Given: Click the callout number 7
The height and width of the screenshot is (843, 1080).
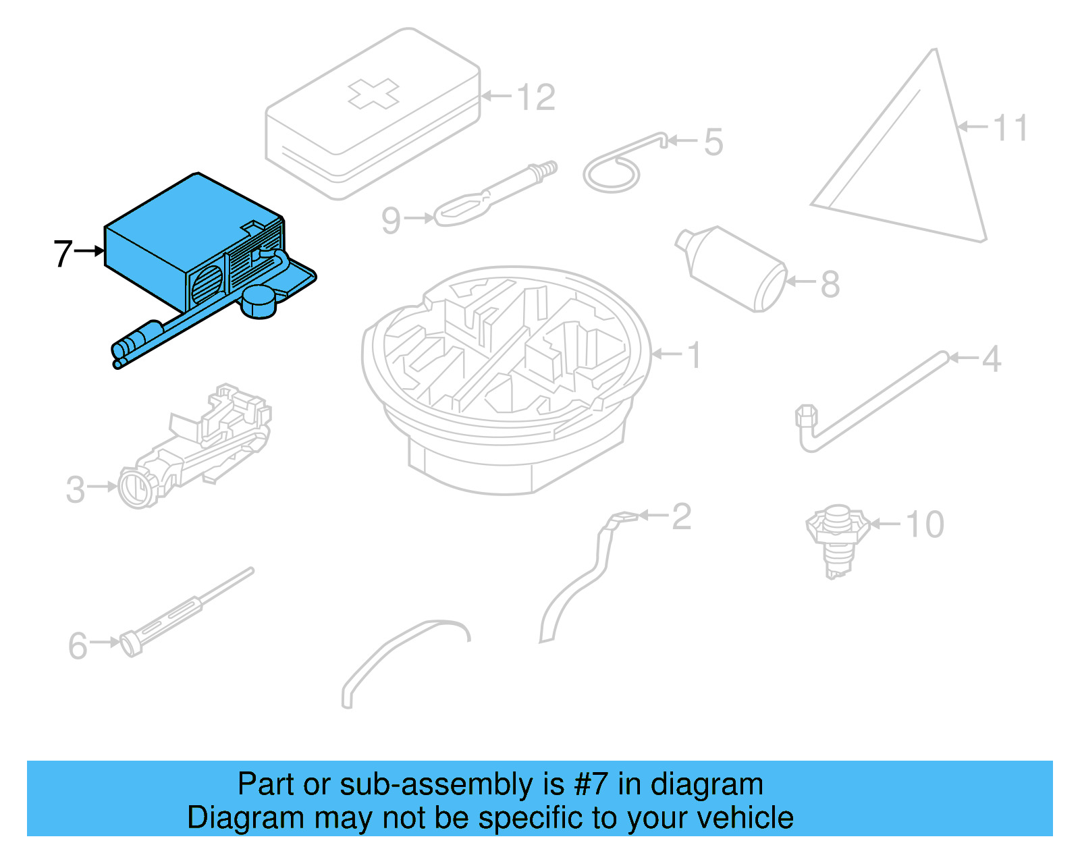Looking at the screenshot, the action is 62,253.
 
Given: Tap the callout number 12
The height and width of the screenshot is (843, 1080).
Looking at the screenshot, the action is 537,98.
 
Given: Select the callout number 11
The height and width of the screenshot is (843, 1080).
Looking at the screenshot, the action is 1010,128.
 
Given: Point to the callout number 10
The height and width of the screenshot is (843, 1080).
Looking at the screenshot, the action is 924,524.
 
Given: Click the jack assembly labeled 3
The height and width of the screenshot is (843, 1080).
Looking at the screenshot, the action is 196,445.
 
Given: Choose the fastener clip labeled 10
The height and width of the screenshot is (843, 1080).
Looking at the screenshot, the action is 837,537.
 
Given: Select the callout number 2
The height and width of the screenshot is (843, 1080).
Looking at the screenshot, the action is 681,517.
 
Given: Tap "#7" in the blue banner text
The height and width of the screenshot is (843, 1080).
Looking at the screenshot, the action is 591,784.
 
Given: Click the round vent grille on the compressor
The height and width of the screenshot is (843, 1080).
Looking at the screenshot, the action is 207,284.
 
